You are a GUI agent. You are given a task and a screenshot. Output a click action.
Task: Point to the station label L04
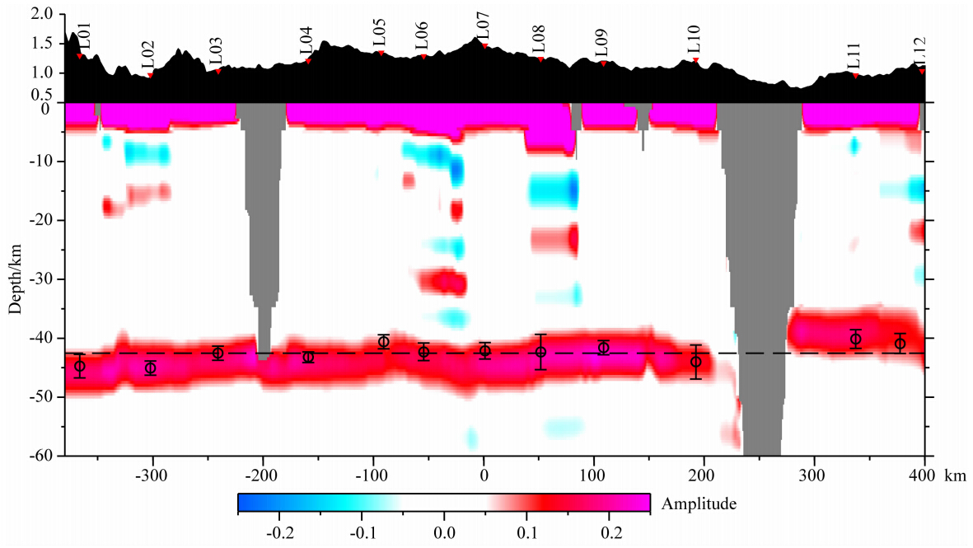[x=306, y=41]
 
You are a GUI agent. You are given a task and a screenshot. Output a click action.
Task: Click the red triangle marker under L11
[x=856, y=76]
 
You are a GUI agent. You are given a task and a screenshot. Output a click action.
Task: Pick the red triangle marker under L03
[x=218, y=71]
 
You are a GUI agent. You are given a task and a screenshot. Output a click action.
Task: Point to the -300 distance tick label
[x=151, y=475]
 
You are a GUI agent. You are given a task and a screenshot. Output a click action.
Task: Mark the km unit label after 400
[x=953, y=475]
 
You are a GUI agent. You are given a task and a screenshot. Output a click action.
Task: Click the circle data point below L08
[x=540, y=352]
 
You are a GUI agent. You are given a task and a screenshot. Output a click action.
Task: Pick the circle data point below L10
[x=695, y=362]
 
